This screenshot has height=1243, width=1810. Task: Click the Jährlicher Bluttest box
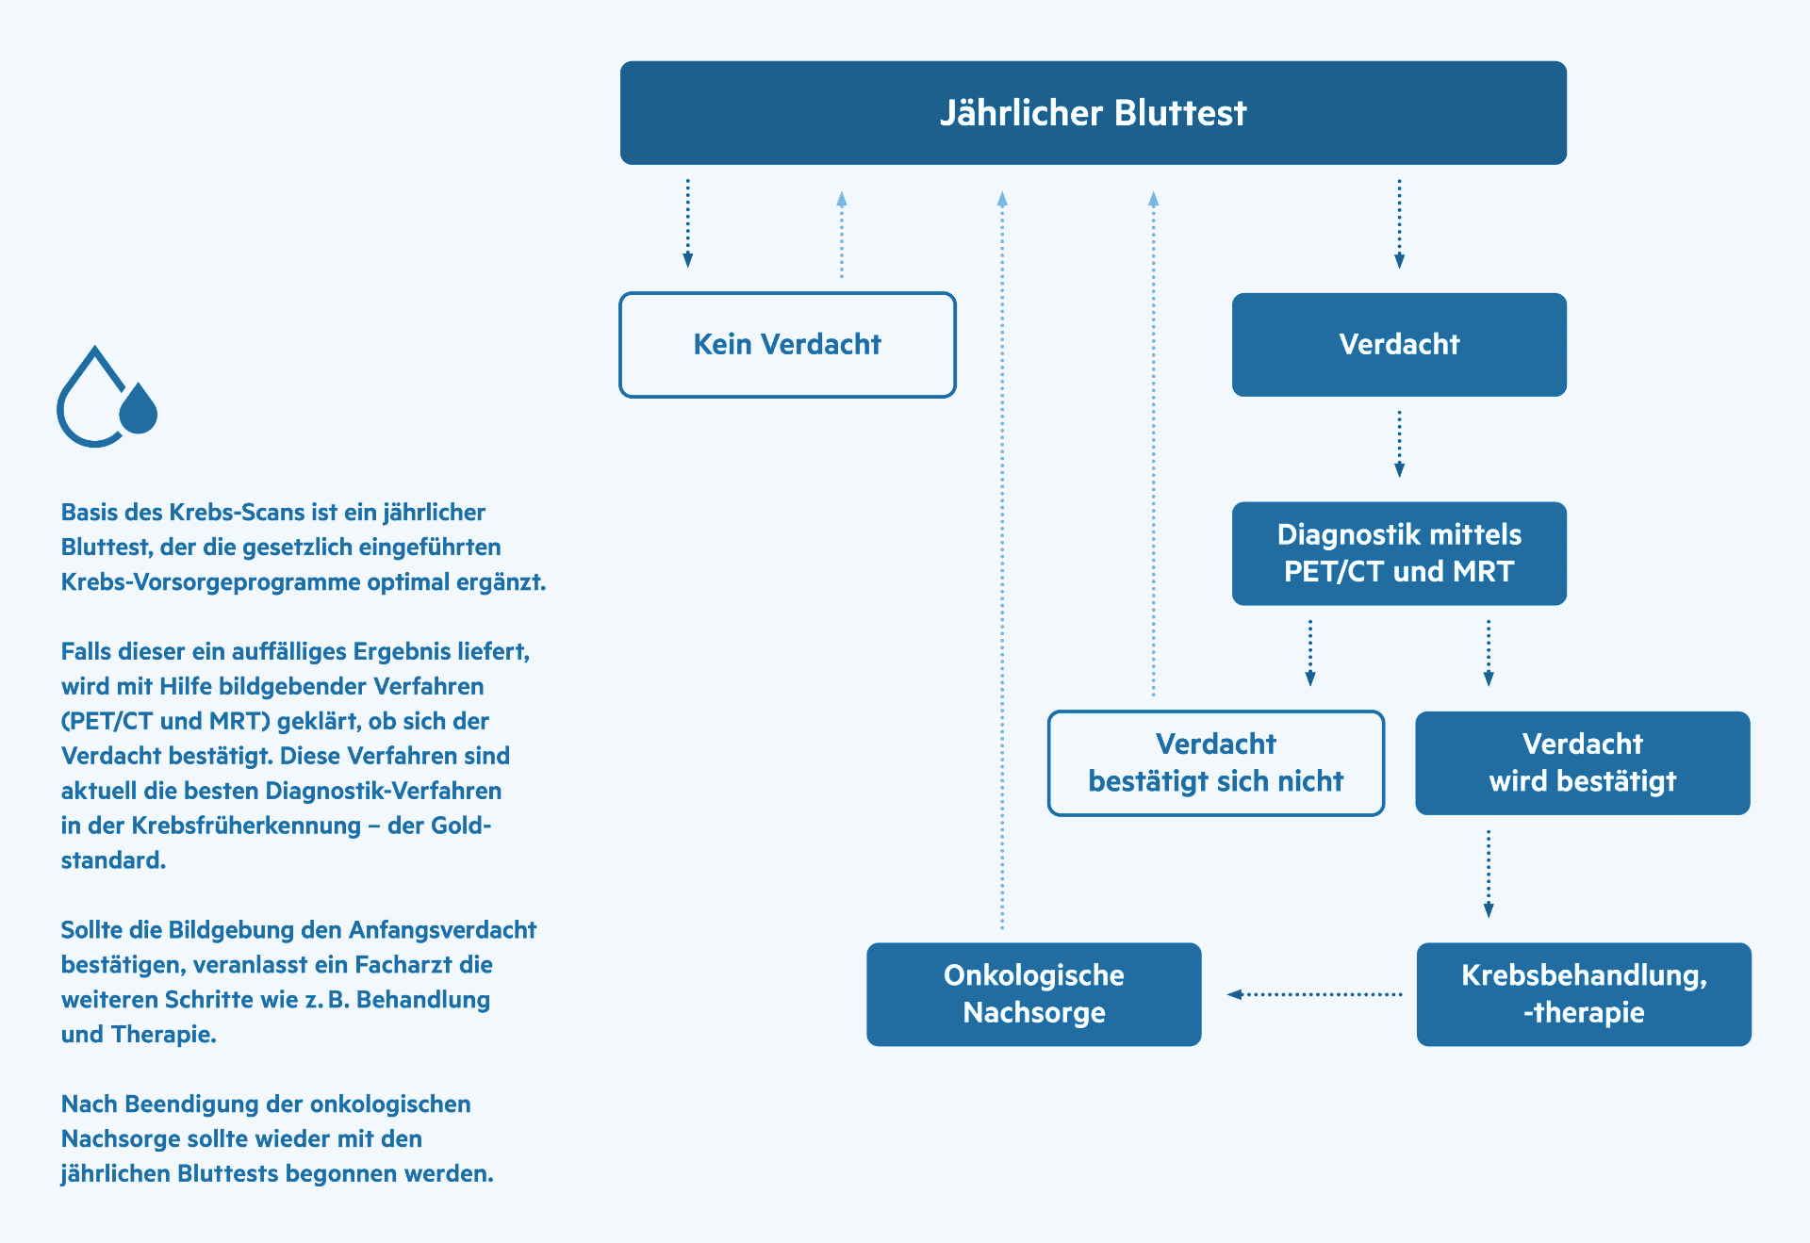pyautogui.click(x=1093, y=113)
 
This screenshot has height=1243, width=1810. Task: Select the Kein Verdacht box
pyautogui.click(x=787, y=345)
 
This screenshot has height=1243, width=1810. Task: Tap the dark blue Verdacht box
pyautogui.click(x=1399, y=345)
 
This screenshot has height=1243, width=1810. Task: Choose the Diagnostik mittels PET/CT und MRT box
pyautogui.click(x=1399, y=553)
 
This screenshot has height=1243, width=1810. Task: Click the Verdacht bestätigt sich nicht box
pyautogui.click(x=1216, y=763)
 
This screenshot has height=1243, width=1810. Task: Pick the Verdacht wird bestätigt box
pyautogui.click(x=1583, y=763)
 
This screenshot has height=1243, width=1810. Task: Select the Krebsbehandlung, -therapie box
pyautogui.click(x=1584, y=994)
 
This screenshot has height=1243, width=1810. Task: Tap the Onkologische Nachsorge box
pyautogui.click(x=1034, y=994)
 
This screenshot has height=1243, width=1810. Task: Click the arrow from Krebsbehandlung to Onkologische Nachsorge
pyautogui.click(x=1314, y=994)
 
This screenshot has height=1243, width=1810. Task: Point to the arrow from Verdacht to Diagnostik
pyautogui.click(x=1399, y=444)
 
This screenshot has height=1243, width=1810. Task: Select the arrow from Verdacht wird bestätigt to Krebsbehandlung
pyautogui.click(x=1489, y=874)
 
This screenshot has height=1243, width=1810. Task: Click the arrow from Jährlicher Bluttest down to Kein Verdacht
pyautogui.click(x=687, y=223)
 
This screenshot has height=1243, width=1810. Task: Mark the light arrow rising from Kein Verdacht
pyautogui.click(x=842, y=235)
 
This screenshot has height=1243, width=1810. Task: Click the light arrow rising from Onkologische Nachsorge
pyautogui.click(x=1002, y=561)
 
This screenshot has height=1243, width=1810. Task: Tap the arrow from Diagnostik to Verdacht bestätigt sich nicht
pyautogui.click(x=1309, y=653)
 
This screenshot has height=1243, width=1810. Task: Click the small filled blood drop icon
pyautogui.click(x=139, y=409)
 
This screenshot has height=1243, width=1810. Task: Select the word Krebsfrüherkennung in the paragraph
pyautogui.click(x=246, y=826)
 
